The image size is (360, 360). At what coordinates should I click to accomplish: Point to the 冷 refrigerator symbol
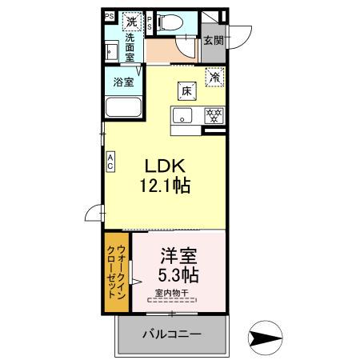pos(214,78)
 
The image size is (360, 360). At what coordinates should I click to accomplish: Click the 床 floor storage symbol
pos(186,91)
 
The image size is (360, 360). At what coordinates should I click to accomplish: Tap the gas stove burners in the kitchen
pos(213,115)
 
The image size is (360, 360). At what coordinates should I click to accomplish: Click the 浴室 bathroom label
pos(122,82)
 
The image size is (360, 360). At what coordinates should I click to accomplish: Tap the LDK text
pos(165,166)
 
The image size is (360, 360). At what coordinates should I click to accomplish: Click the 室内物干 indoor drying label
pos(174,293)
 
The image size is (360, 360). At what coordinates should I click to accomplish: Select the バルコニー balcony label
pos(172,334)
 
